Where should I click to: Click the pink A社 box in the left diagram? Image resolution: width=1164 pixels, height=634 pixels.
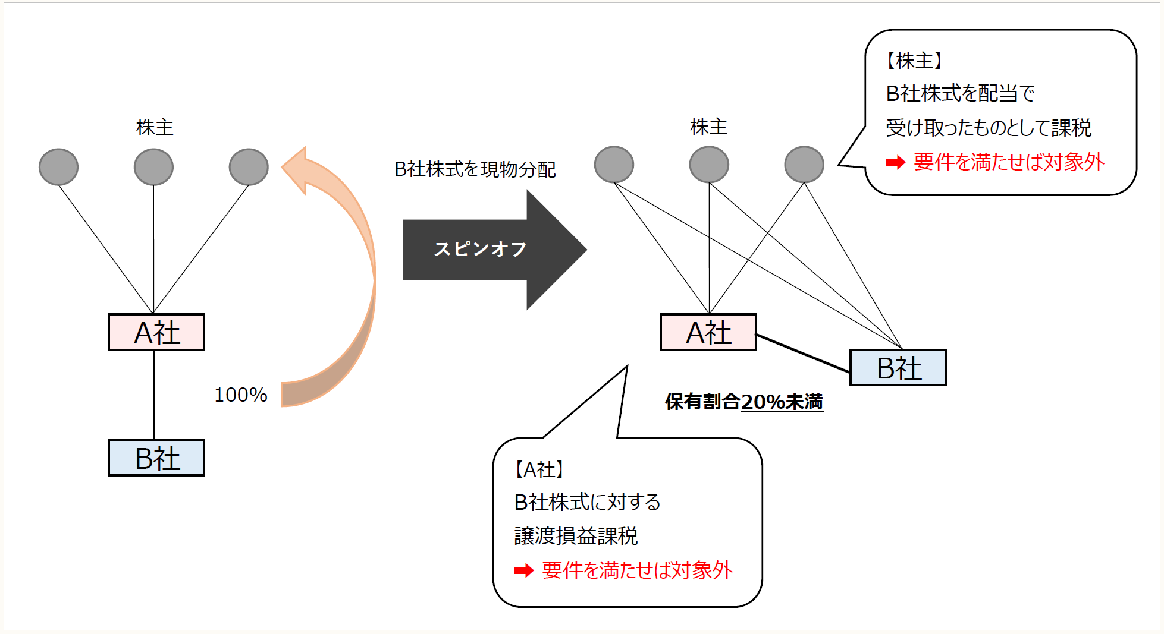point(156,332)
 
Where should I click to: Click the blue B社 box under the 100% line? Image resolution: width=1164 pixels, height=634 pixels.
point(156,458)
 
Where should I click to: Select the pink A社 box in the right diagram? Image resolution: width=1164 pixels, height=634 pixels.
point(708,332)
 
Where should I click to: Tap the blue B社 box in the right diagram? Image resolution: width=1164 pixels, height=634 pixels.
point(898,368)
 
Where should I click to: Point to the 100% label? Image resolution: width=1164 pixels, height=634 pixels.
point(241,395)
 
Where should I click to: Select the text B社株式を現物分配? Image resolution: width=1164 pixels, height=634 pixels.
point(475,170)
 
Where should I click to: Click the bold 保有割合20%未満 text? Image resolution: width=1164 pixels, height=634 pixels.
point(743,402)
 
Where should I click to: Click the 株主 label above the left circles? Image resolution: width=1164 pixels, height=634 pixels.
point(155,128)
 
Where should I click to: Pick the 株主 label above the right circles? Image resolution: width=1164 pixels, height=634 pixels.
point(708,127)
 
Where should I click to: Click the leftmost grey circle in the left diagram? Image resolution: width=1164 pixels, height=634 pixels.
point(58,167)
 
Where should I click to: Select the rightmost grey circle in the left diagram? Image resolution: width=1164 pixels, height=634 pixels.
point(249,167)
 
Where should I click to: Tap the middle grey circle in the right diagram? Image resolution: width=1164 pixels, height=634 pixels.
point(709,165)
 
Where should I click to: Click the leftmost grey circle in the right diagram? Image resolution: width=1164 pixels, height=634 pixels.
point(614,165)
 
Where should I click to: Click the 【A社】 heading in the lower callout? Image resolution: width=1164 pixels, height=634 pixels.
point(539,470)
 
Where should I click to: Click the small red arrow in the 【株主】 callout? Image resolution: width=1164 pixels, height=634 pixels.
point(896,162)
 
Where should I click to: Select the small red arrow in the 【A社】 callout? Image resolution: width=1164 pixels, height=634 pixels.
point(524,571)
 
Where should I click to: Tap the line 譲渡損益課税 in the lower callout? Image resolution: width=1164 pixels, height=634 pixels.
point(576,536)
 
